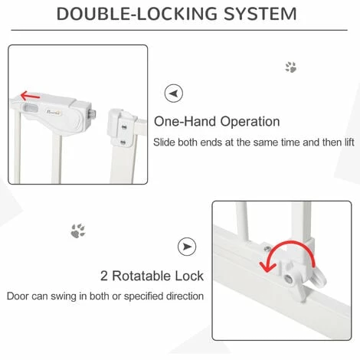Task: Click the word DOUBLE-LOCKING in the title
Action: [136, 14]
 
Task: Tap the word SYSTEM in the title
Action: [260, 14]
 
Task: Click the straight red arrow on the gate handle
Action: [30, 96]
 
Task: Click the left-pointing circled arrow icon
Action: [174, 93]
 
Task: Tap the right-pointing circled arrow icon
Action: [187, 247]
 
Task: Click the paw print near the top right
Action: [291, 67]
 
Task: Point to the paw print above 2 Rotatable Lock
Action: [78, 231]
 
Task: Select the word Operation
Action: [250, 122]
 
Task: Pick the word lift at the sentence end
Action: [349, 142]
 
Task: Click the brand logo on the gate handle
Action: [54, 112]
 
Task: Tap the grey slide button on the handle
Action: [31, 109]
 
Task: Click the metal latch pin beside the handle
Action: [93, 113]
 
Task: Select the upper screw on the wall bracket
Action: [124, 126]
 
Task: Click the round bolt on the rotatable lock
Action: [289, 280]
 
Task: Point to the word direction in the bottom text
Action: [185, 296]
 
